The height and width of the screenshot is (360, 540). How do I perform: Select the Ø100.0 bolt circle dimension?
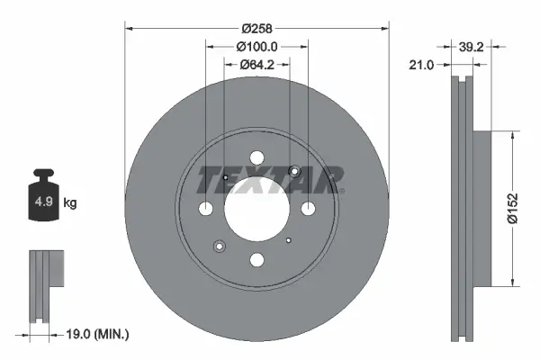(x=256, y=47)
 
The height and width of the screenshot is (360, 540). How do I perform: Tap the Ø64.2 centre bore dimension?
(x=256, y=65)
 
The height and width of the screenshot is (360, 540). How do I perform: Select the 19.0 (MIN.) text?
(x=99, y=334)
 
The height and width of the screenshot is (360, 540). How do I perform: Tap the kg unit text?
(x=70, y=204)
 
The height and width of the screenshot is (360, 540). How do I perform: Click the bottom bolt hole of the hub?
(x=256, y=260)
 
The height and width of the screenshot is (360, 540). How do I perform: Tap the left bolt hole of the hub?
(x=206, y=209)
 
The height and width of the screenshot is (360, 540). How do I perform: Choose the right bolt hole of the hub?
(x=308, y=209)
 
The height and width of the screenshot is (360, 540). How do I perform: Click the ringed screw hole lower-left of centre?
(x=220, y=245)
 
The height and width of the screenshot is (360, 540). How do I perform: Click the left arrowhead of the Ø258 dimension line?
(x=127, y=26)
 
